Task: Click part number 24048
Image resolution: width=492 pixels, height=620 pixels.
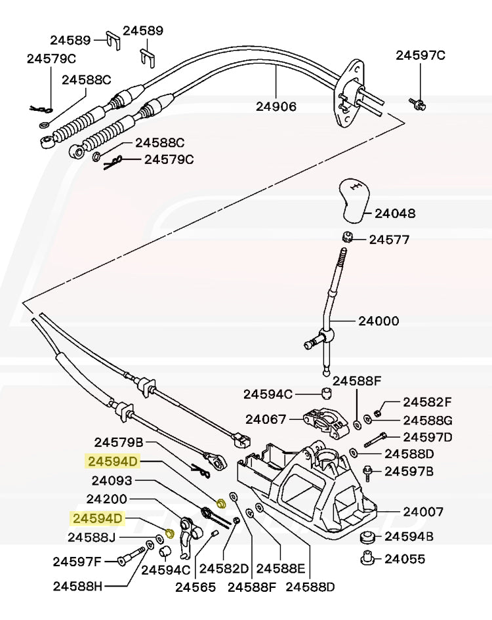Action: (395, 214)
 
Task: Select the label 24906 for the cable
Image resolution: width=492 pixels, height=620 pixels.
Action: (276, 106)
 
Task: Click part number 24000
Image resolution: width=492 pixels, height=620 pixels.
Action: (379, 321)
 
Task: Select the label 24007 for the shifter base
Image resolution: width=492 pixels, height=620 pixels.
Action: (423, 511)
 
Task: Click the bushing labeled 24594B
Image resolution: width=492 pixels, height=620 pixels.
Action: (367, 537)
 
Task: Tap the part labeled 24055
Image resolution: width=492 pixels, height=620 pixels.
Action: (367, 559)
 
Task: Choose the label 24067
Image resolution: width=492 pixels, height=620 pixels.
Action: (265, 419)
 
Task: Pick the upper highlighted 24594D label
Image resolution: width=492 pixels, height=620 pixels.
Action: (112, 462)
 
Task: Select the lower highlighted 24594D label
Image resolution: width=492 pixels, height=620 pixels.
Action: (98, 519)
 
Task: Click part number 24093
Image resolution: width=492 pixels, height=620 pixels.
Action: (112, 480)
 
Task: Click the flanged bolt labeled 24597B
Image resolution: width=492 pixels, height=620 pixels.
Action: (369, 470)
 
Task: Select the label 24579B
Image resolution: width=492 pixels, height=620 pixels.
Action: (119, 443)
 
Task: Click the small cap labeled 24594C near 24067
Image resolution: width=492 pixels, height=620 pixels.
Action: (326, 394)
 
